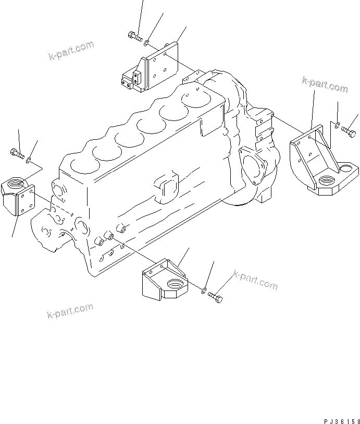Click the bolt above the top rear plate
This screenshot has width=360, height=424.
tap(133, 36)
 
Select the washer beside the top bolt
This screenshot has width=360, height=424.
tap(147, 41)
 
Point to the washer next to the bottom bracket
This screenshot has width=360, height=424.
tap(204, 290)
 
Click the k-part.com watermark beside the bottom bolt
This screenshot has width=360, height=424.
tap(255, 280)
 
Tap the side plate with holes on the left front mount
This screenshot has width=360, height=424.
tap(27, 201)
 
